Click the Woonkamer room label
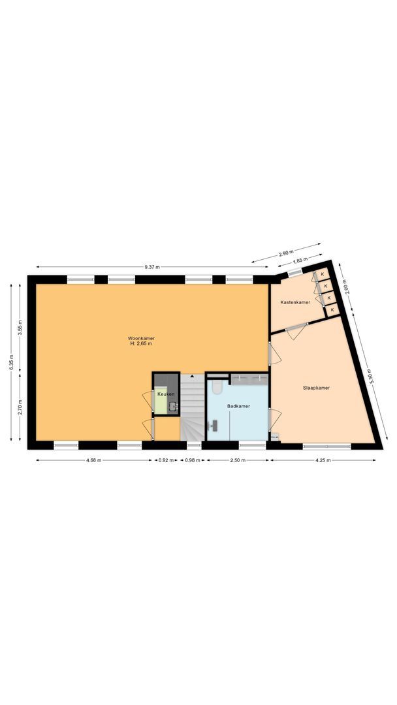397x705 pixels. click(x=141, y=338)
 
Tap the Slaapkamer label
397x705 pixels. click(x=316, y=388)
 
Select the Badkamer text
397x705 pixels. click(x=238, y=406)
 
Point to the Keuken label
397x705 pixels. click(x=165, y=394)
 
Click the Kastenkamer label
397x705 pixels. click(x=295, y=302)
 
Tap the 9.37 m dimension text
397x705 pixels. click(x=153, y=267)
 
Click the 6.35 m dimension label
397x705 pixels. click(x=12, y=360)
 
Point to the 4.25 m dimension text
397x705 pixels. click(x=323, y=460)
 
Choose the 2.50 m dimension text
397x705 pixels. click(x=238, y=460)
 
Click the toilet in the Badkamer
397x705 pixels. click(x=217, y=388)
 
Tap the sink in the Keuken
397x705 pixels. click(x=172, y=407)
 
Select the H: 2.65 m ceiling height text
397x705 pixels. click(x=141, y=344)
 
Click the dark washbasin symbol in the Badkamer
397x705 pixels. click(x=213, y=425)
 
